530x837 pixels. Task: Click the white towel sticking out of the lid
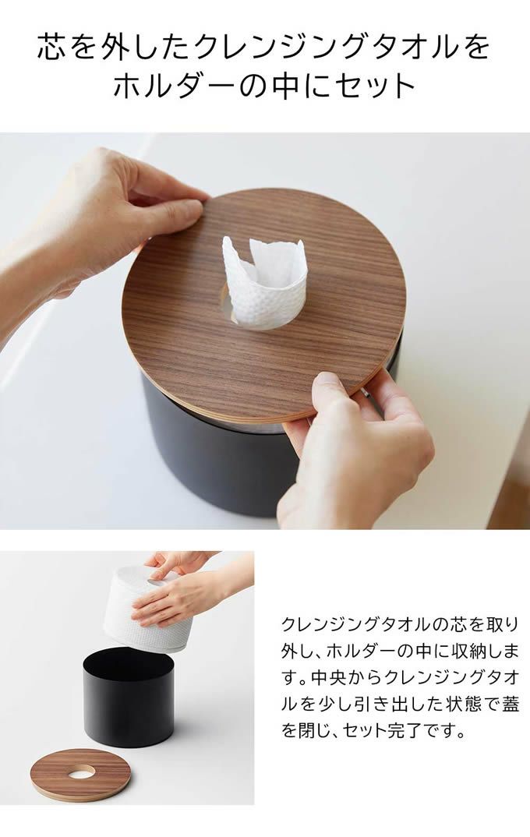[264, 282]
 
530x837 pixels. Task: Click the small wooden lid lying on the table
[80, 775]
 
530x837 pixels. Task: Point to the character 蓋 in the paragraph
[511, 704]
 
